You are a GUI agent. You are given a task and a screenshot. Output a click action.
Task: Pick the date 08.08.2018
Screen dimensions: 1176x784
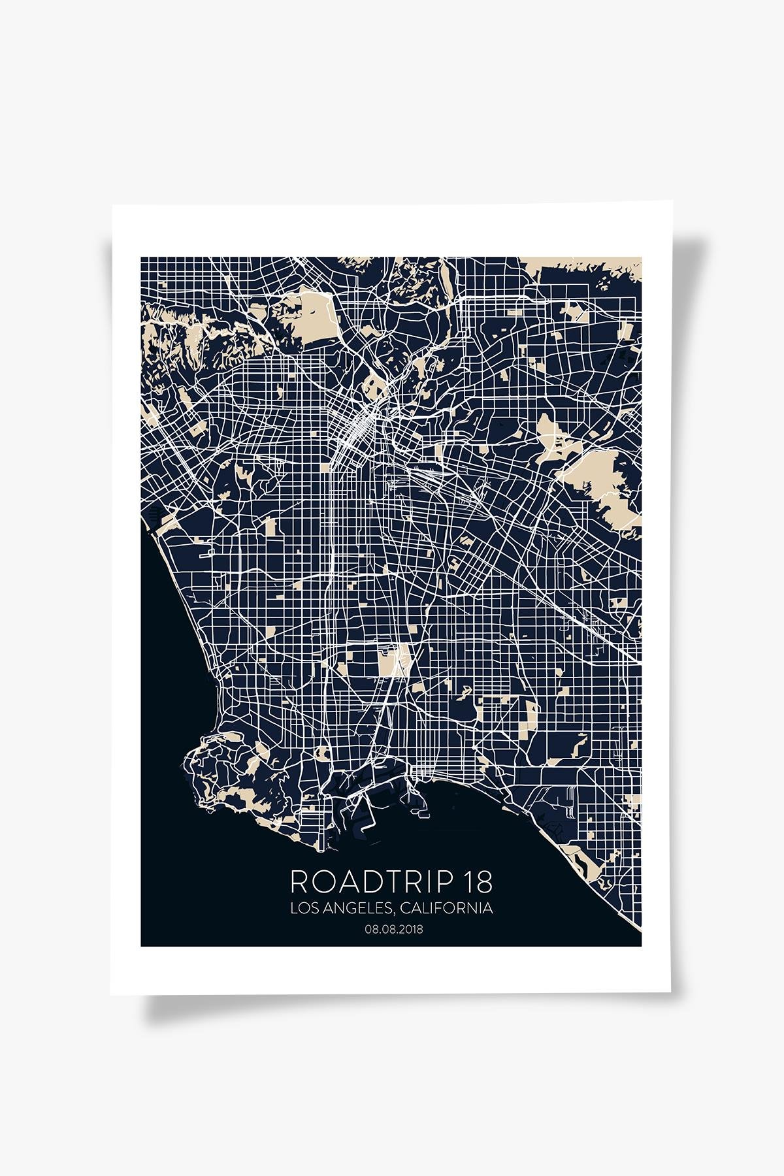point(391,930)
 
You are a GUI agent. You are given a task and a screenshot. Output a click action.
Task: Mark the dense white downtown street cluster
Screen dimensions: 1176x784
point(358,428)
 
